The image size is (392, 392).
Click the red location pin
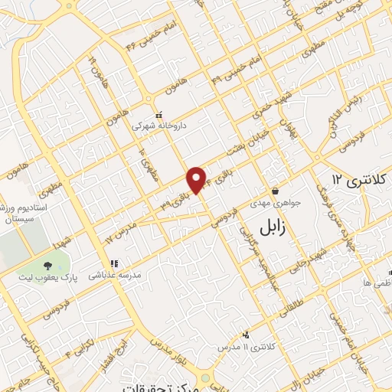197,179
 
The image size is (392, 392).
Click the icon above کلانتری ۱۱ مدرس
246,335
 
